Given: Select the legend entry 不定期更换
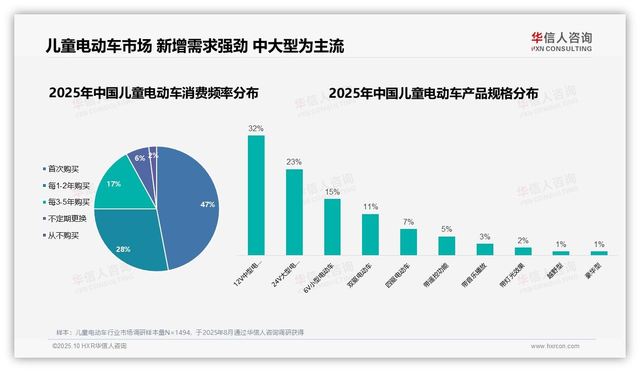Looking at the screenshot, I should [x=67, y=219].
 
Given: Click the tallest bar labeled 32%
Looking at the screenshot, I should [x=256, y=195].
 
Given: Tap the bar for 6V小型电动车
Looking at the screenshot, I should [x=332, y=227].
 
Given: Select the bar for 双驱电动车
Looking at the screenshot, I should [x=370, y=234].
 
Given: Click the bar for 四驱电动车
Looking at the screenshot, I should [x=408, y=242].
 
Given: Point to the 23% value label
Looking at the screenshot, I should [x=294, y=162].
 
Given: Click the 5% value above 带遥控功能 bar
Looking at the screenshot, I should [x=447, y=229].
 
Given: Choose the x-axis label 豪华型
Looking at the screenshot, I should [x=593, y=271].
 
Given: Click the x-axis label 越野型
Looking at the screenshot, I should [x=555, y=271].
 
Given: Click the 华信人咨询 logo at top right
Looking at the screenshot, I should [x=561, y=41].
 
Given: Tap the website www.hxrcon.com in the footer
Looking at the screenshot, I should [x=555, y=346].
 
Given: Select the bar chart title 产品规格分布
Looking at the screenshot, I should [x=433, y=93].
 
